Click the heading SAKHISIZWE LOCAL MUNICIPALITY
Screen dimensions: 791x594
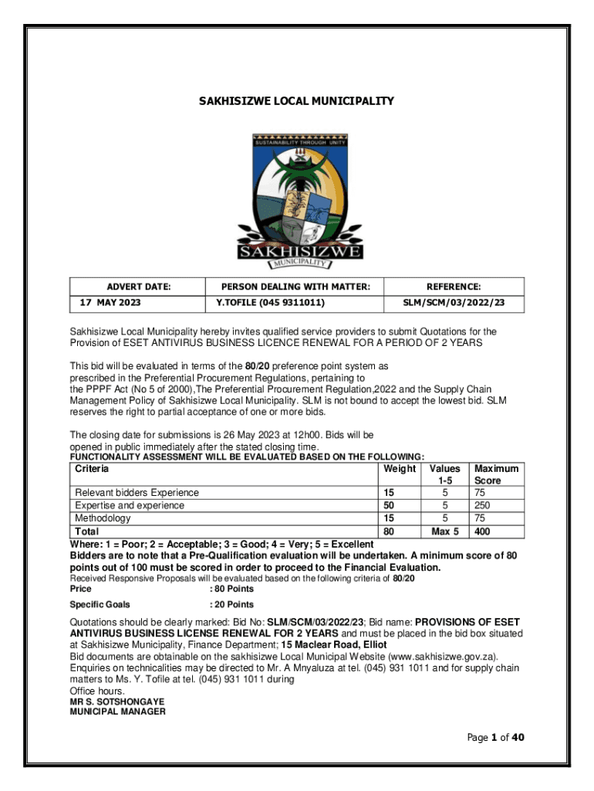pos(297,101)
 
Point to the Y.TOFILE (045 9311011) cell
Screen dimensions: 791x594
pos(269,303)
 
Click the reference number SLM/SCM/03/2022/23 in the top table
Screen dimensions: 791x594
pos(454,303)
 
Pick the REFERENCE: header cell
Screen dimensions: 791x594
pos(454,287)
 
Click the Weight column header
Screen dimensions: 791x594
pos(399,469)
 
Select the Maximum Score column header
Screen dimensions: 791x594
pos(496,474)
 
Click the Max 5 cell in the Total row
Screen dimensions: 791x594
pos(444,531)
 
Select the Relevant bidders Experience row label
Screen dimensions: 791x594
pos(136,493)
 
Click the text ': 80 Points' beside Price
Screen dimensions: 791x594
pos(231,589)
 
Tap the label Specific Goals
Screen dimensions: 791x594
pos(100,604)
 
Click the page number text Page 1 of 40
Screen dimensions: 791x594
pos(495,738)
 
